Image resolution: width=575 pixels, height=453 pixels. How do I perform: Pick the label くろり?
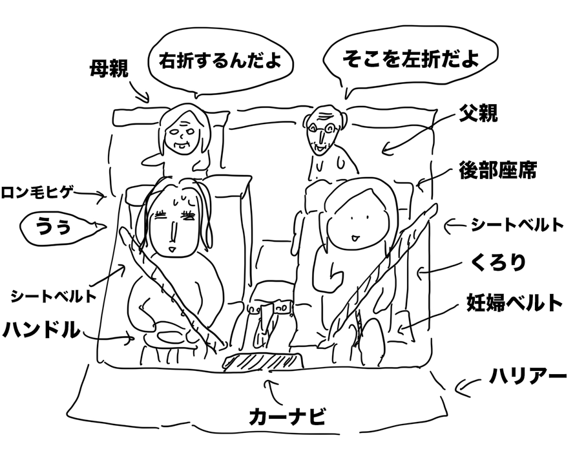pyautogui.click(x=498, y=263)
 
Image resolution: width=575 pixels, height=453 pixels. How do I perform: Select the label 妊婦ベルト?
pyautogui.click(x=510, y=303)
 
